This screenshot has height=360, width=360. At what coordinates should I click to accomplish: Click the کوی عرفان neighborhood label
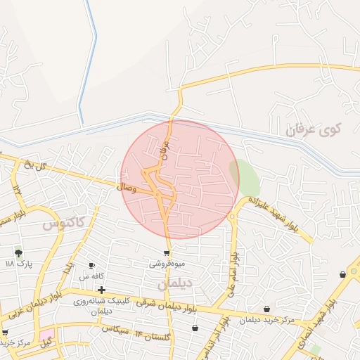[314, 130]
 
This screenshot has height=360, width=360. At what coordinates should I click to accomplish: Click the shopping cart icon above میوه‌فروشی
[167, 253]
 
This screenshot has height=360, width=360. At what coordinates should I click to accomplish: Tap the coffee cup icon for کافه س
[91, 265]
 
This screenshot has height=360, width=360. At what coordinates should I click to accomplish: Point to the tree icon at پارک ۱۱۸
[18, 252]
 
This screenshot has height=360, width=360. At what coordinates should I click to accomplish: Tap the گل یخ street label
[34, 166]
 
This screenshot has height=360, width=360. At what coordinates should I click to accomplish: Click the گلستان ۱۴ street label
[153, 335]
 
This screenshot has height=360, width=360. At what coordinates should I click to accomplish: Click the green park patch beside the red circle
[245, 177]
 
